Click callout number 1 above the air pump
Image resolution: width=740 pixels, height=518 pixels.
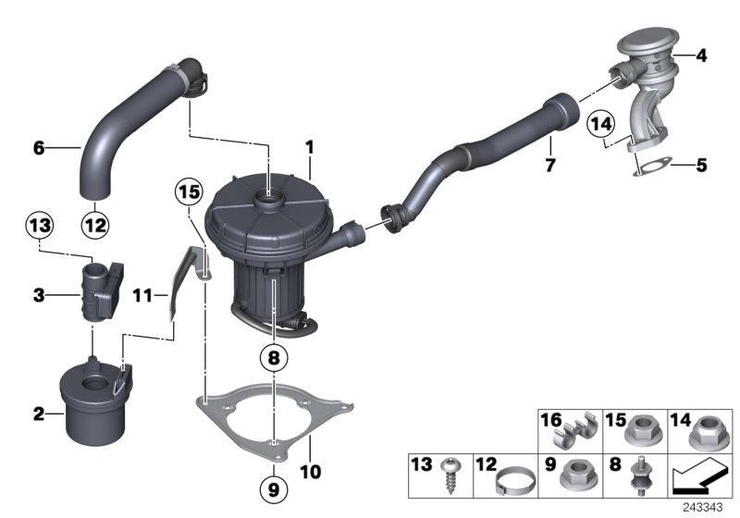coord(311,146)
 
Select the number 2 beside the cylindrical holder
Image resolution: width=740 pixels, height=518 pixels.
coord(39,414)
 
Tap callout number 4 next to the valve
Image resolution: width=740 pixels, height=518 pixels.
coord(701,56)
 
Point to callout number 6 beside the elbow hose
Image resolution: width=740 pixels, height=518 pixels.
coord(39,146)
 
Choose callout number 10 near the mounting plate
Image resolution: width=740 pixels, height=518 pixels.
coord(310,472)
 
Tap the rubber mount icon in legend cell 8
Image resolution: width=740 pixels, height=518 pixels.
coord(639,477)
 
